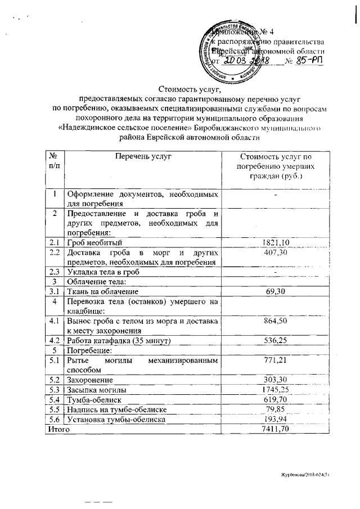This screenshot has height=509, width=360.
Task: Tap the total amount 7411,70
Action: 276,429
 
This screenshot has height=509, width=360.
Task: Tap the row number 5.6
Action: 55,419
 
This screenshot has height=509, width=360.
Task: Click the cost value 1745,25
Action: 276,389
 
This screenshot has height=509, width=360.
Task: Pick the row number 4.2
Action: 55,340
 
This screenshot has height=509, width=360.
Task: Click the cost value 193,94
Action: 276,419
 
